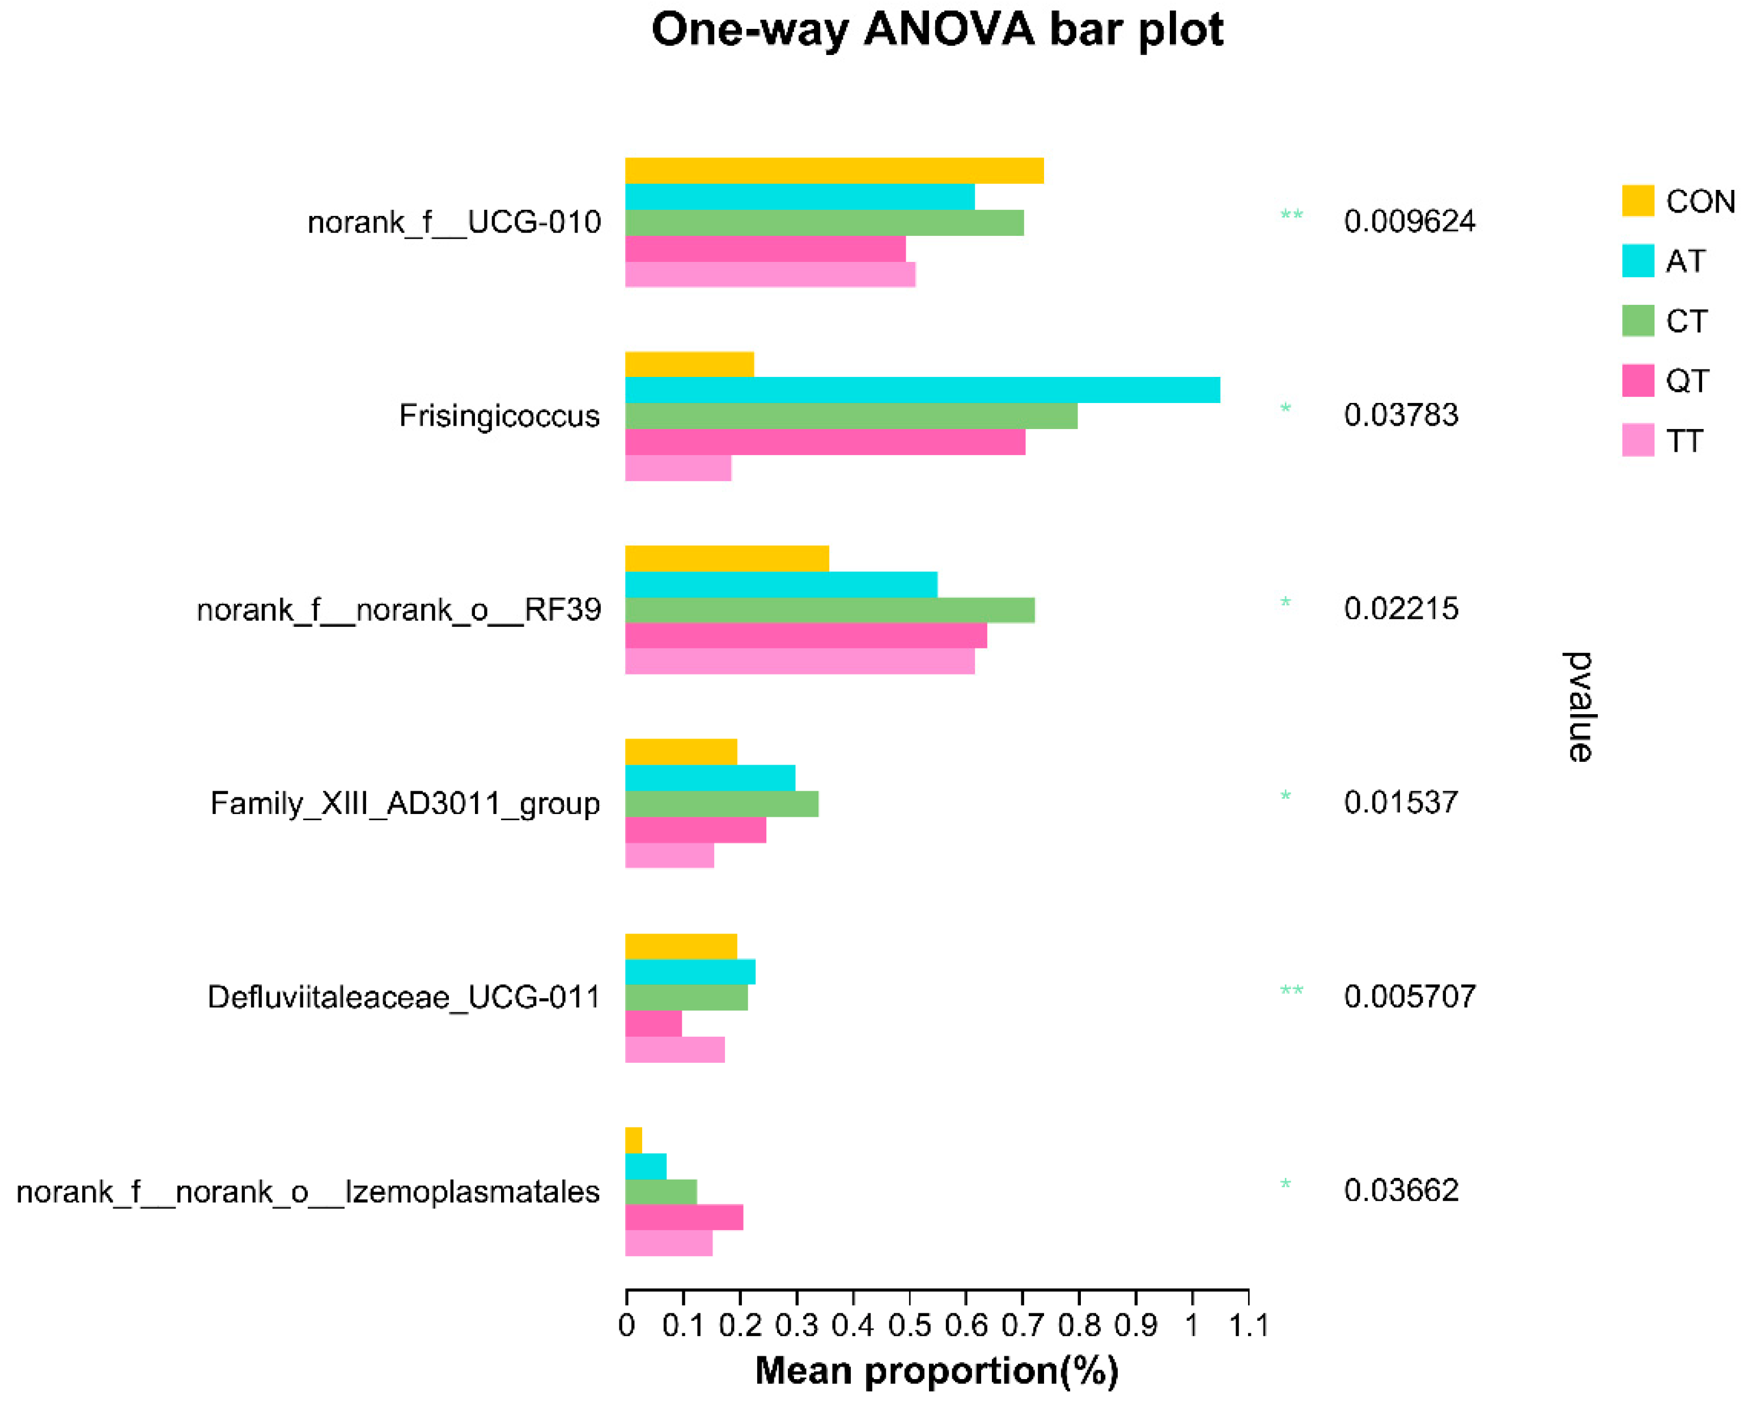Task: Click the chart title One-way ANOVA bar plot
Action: pos(937,30)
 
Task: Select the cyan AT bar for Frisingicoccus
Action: pos(922,390)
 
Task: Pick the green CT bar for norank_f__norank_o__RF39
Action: pos(830,610)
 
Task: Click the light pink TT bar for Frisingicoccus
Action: pos(678,468)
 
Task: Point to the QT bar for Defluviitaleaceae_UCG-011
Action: pos(653,1024)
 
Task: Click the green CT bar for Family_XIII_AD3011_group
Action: pos(721,804)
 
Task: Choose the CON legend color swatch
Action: pos(1637,201)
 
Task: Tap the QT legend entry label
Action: pos(1687,381)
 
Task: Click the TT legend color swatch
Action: pos(1637,440)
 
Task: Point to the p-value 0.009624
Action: pos(1409,222)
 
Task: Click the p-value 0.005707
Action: pos(1409,997)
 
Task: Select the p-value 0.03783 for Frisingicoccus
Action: pos(1401,415)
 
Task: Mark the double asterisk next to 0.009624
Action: pos(1291,216)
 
